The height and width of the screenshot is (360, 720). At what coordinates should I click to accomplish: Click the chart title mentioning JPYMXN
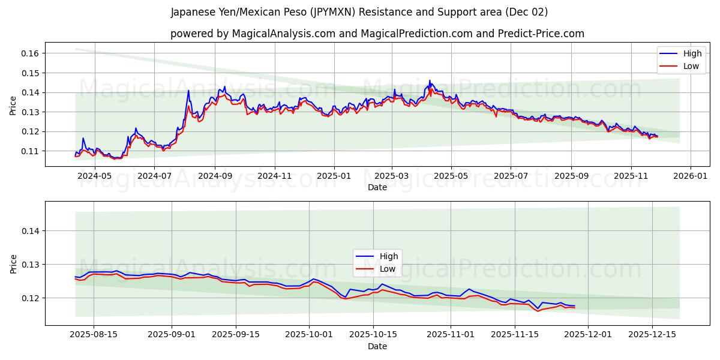(359, 12)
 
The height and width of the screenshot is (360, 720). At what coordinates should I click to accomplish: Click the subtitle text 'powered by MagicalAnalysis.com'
(253, 34)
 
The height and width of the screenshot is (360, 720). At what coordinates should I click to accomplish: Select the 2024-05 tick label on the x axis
(95, 176)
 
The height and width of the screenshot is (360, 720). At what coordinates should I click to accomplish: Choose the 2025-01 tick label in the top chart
(333, 176)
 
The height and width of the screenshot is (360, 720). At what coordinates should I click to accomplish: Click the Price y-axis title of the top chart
(13, 105)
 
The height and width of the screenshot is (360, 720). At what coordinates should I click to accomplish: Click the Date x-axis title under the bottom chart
(377, 346)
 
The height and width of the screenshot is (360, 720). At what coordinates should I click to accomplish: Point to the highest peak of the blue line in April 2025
(429, 80)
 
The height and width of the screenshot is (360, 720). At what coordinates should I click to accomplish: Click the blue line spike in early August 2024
(188, 91)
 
